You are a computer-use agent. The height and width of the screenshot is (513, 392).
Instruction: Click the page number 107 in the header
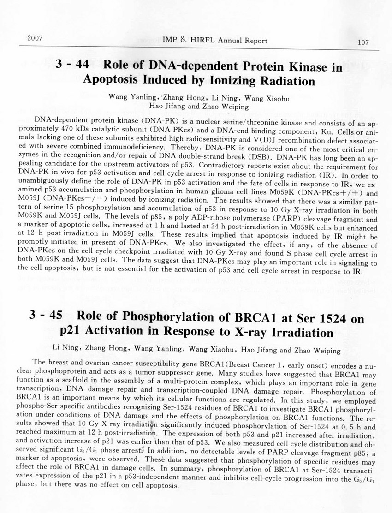coord(363,42)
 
